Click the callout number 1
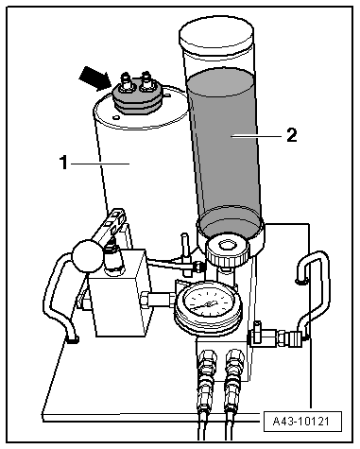point(63,163)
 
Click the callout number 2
point(292,135)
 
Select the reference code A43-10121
point(300,422)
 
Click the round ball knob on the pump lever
point(88,255)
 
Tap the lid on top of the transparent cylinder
point(216,35)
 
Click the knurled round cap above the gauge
point(228,250)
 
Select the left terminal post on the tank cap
point(127,83)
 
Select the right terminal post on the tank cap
point(146,82)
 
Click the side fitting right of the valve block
point(276,337)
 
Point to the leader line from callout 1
point(100,164)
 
